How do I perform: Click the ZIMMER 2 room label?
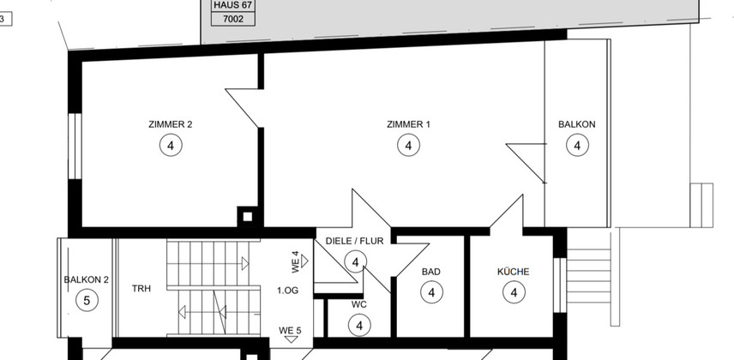tap(170, 124)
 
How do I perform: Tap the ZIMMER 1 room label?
tap(408, 124)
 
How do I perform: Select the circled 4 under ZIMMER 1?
tap(409, 145)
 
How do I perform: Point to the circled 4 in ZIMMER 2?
tap(171, 145)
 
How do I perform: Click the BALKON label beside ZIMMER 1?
tap(577, 124)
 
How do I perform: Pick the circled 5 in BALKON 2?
tap(87, 300)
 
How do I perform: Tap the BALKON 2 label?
tap(86, 280)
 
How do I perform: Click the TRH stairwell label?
tap(141, 289)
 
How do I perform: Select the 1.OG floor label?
tap(287, 291)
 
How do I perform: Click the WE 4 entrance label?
tap(295, 262)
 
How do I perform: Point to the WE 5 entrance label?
tap(290, 331)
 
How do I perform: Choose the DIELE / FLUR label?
tap(354, 241)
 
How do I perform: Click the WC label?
tap(359, 305)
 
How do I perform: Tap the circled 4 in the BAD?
tap(431, 292)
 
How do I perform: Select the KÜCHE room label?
tap(513, 272)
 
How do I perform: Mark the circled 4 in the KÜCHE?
tap(514, 292)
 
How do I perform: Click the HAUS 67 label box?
tap(233, 6)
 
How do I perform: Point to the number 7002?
tap(233, 19)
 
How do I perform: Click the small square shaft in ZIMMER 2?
tap(248, 217)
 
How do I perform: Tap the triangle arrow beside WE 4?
tap(304, 261)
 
